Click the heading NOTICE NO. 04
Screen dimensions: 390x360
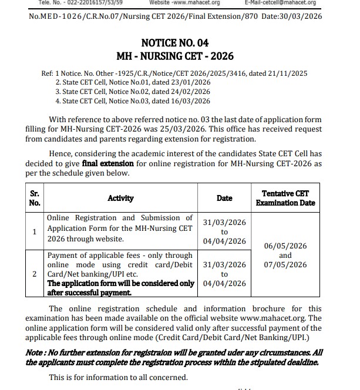174,43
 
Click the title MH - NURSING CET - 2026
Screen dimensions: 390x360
175,56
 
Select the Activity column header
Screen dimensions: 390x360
120,198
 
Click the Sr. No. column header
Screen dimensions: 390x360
35,198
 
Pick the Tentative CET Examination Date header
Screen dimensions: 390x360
285,198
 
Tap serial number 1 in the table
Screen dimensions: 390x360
35,231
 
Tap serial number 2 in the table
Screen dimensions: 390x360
35,274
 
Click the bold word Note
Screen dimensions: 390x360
34,352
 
